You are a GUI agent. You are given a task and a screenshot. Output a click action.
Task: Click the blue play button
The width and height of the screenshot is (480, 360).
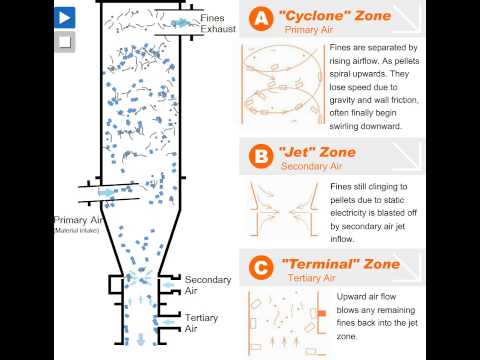tap(65, 18)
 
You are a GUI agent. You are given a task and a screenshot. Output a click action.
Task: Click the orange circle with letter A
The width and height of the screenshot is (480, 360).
tap(261, 18)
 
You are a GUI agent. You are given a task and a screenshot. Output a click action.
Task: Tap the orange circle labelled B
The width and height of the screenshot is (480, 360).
tap(261, 156)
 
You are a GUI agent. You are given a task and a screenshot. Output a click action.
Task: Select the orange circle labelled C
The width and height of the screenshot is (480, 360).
tap(261, 267)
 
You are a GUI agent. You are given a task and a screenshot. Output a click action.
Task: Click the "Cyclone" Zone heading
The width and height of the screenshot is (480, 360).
tap(335, 16)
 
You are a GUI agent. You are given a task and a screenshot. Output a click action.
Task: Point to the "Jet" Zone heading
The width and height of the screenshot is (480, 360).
tap(317, 152)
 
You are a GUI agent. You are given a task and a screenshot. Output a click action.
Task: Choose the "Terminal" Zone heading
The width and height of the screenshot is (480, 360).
tap(341, 264)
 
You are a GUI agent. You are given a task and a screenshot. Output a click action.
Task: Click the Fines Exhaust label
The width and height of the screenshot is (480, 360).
tap(218, 23)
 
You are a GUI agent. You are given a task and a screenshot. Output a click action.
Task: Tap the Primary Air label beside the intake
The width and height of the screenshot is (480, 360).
tap(78, 220)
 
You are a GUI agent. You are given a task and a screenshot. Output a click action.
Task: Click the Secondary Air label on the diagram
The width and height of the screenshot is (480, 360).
tap(208, 285)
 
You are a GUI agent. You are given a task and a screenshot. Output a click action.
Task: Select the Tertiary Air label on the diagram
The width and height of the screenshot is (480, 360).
tap(201, 323)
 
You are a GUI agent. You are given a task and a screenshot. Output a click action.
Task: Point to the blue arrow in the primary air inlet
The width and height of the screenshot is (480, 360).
tap(106, 192)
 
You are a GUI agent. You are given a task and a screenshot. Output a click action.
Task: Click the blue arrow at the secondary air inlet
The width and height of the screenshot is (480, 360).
tap(168, 285)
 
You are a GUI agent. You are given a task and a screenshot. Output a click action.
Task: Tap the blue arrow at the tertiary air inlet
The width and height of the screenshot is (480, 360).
tap(168, 322)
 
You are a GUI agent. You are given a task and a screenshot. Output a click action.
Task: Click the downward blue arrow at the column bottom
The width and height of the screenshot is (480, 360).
tap(141, 339)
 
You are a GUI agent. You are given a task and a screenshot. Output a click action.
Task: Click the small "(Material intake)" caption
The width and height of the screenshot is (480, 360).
tap(76, 230)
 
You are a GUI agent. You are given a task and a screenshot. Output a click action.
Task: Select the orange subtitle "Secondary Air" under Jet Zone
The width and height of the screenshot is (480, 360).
tap(311, 166)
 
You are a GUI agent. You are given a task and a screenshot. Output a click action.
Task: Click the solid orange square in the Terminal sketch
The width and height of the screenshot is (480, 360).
tap(322, 313)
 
